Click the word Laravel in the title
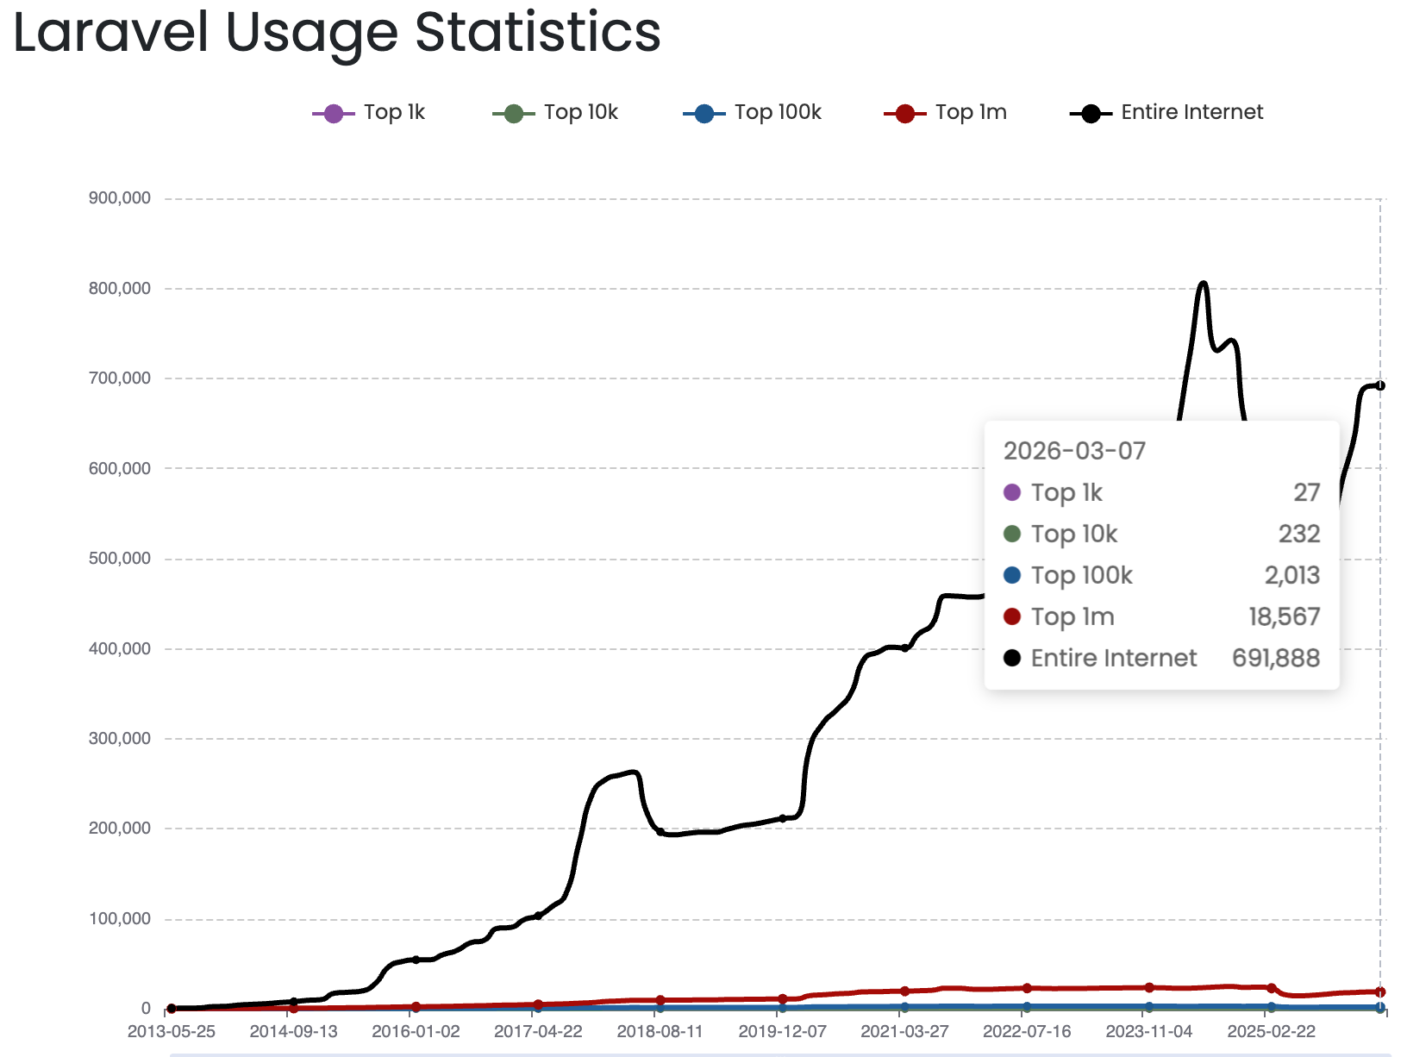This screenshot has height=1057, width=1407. point(111,33)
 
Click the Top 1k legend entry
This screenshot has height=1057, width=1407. point(369,113)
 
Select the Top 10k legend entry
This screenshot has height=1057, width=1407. point(556,113)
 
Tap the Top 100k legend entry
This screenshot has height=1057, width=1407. point(753,113)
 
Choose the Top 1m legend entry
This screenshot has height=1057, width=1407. point(946,113)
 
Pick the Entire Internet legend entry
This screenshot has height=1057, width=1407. point(1166,113)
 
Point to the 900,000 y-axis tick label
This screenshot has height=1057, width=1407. point(120,198)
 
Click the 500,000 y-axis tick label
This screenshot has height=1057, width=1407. point(120,559)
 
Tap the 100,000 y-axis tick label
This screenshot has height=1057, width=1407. point(120,919)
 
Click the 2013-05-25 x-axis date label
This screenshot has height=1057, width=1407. point(172,1032)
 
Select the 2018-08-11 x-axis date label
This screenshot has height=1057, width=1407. point(660,1032)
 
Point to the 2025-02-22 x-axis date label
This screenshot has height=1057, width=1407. point(1272,1032)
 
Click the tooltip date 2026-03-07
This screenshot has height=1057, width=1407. point(1074,451)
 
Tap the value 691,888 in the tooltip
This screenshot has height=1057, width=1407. point(1276,659)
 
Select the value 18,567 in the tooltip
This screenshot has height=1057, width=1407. point(1285,617)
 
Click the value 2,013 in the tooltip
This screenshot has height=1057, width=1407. point(1292,576)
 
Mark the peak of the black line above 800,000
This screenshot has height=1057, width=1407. point(1204,283)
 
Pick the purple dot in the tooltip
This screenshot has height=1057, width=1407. point(1012,492)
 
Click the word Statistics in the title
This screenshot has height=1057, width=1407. point(537,33)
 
